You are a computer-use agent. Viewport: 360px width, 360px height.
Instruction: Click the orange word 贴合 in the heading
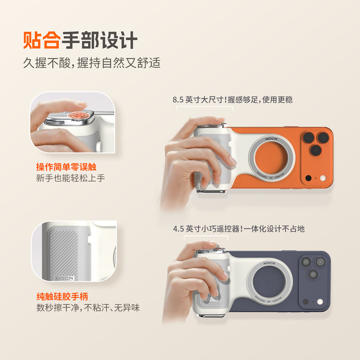pos(41,40)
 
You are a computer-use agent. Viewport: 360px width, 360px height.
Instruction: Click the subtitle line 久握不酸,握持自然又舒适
pos(91,63)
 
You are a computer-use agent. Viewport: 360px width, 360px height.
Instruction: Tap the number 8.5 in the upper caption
pos(178,100)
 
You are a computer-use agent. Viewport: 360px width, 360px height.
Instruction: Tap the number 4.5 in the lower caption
pos(179,229)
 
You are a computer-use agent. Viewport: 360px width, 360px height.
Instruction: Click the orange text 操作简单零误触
pos(69,166)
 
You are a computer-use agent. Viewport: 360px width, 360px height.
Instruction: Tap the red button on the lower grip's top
pos(217,250)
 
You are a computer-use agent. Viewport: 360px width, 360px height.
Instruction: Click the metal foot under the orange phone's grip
pos(211,192)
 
